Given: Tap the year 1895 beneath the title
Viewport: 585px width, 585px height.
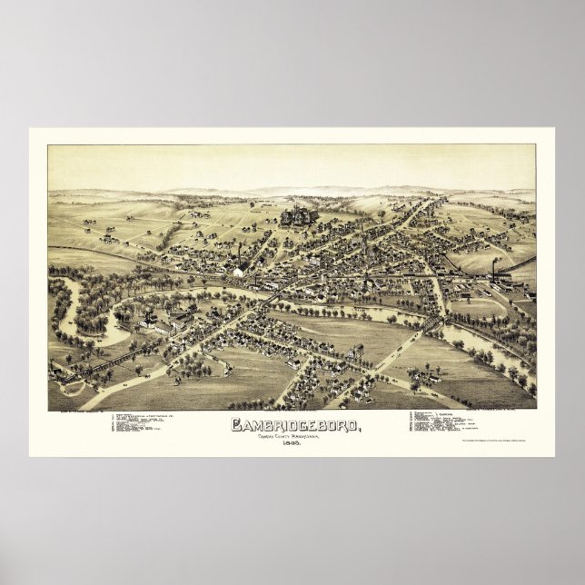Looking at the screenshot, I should pyautogui.click(x=292, y=442).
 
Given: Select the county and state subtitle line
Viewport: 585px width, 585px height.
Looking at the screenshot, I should pyautogui.click(x=292, y=434).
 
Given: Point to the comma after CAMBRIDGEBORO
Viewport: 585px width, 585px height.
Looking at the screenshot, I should pyautogui.click(x=349, y=428).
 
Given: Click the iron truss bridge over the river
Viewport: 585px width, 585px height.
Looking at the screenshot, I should pyautogui.click(x=431, y=324).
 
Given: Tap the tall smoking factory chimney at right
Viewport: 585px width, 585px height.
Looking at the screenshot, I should pyautogui.click(x=494, y=266).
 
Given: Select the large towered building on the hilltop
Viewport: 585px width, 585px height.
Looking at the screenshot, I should pyautogui.click(x=296, y=216).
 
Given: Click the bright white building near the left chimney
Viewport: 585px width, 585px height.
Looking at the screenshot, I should pyautogui.click(x=238, y=271).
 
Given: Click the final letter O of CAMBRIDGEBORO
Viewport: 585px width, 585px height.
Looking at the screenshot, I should pyautogui.click(x=342, y=424).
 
